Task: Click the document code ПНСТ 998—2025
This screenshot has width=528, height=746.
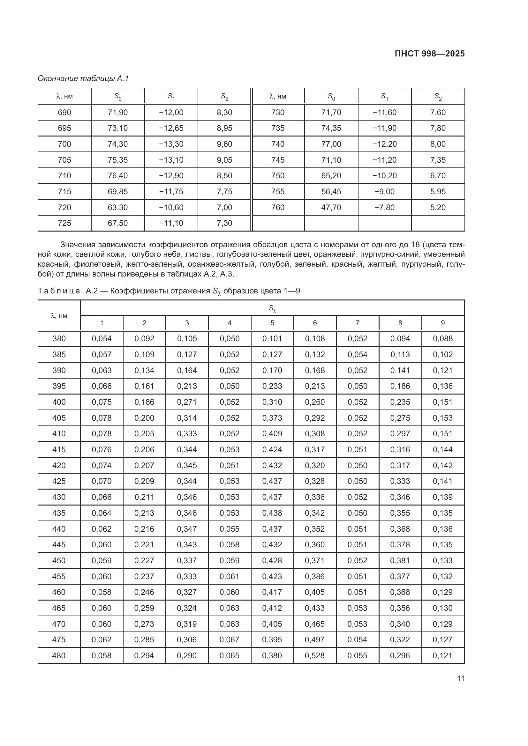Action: [429, 54]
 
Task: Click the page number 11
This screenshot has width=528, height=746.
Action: [460, 678]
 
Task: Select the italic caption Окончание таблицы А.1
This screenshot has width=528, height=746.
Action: [83, 78]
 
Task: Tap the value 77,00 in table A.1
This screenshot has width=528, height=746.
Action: [331, 144]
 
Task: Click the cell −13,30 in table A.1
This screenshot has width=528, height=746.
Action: [171, 144]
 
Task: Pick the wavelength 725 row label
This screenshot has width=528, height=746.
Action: [64, 223]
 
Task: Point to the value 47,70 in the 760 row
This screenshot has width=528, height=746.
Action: [331, 207]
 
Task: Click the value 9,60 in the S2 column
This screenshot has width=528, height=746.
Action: [224, 144]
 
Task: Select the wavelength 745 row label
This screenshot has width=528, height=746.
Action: [278, 160]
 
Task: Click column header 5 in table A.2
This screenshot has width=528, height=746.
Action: [272, 323]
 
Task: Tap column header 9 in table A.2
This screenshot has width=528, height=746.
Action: [442, 323]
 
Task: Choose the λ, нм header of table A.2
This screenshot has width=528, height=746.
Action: [59, 315]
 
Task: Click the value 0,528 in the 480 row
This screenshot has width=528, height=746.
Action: [315, 655]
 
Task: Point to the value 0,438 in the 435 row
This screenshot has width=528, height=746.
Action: [272, 513]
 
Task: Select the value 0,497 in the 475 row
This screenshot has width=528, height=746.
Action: [315, 639]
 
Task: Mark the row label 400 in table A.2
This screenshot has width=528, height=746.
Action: [59, 402]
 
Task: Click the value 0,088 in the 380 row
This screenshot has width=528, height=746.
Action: [442, 339]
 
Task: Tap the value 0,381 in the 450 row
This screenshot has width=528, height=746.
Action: [400, 560]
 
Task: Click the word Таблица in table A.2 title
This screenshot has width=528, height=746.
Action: [59, 291]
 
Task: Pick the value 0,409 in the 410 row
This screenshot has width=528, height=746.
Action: [272, 433]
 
